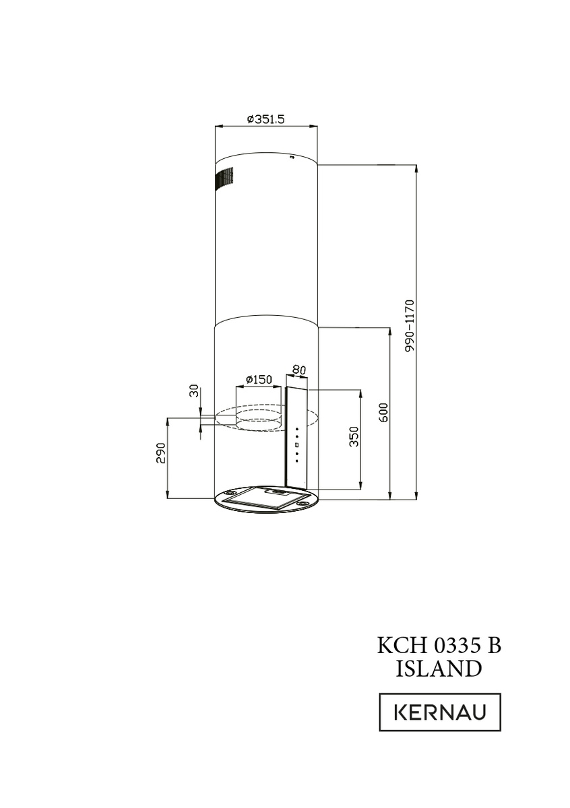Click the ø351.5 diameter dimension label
(x=266, y=119)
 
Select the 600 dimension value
(x=383, y=412)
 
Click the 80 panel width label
(x=298, y=370)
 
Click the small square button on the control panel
(x=296, y=445)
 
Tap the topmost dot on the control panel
(x=296, y=429)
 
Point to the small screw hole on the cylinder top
(x=292, y=158)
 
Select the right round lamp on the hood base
(x=305, y=502)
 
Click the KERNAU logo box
(x=440, y=712)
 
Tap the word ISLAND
(x=439, y=669)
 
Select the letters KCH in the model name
(x=399, y=645)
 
